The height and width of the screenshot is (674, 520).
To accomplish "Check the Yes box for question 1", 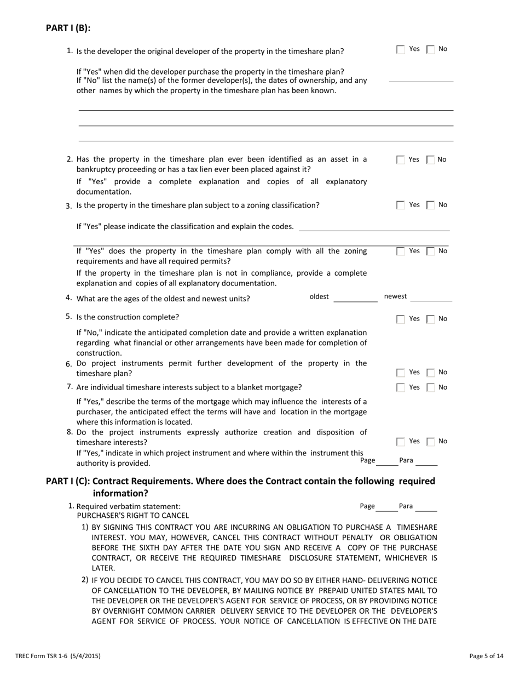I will pos(401,49).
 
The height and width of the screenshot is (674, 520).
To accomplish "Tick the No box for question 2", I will pos(431,160).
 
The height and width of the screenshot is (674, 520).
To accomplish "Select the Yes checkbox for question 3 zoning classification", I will pos(401,205).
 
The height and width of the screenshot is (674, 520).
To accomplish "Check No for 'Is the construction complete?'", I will pos(431,319).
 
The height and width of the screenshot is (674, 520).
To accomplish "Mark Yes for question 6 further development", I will pos(401,373).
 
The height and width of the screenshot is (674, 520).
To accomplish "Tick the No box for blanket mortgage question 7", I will pos(431,388).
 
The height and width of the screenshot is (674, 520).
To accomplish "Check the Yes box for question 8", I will pos(401,442).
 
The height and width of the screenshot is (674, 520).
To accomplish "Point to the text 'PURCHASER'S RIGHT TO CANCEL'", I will pos(132,516).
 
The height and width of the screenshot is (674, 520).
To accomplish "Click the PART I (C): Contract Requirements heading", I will pos(240,481).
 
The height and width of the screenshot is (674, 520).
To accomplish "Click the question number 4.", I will pos(68,298).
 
